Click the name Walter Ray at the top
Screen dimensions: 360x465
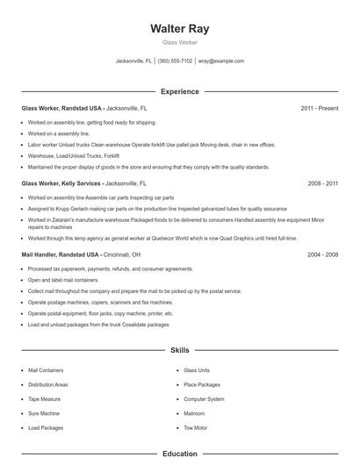coord(180,28)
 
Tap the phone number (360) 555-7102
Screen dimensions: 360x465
coord(175,61)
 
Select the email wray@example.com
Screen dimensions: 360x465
coord(220,61)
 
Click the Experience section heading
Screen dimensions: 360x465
coord(180,91)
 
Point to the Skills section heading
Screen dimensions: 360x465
coord(180,349)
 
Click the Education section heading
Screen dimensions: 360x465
coord(180,454)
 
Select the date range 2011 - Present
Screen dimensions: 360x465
coord(319,108)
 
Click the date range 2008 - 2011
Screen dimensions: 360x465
coord(323,184)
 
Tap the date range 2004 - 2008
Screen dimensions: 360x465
coord(323,254)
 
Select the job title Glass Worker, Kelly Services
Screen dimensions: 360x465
coord(61,184)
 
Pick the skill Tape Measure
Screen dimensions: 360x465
coord(44,398)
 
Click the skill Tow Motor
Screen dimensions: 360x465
coord(195,427)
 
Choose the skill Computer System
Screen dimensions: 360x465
coord(203,398)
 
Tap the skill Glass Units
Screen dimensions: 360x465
coord(197,370)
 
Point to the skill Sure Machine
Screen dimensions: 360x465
coord(43,412)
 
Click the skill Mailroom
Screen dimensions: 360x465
coord(194,412)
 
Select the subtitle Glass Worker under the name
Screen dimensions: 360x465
coord(180,42)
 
